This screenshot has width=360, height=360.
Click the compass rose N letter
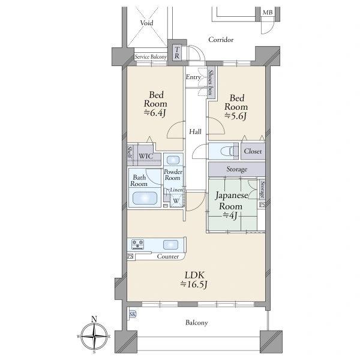pos(94,319)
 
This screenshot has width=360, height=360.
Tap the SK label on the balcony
pos(133,314)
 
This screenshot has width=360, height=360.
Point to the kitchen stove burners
pos(137,244)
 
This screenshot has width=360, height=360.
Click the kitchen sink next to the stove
pos(170,245)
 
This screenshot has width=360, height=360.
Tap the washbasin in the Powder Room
pos(173,160)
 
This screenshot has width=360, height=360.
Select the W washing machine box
pos(176,200)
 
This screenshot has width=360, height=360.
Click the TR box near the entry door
pos(176,53)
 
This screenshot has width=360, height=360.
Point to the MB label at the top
pos(268,13)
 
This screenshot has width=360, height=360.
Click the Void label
pos(147,23)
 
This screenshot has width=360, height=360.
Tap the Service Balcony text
pos(151,57)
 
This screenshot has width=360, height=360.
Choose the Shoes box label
pos(210,82)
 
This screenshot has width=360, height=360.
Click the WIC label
pos(146,156)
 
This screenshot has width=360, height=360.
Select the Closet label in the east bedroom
pos(253,151)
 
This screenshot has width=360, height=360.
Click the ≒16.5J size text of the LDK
pos(194,284)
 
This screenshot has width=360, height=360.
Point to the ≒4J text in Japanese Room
pos(230,215)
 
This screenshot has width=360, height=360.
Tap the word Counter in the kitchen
pos(168,256)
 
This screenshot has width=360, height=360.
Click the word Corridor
pos(221,40)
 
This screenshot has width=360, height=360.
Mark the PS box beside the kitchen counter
pos(130,256)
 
